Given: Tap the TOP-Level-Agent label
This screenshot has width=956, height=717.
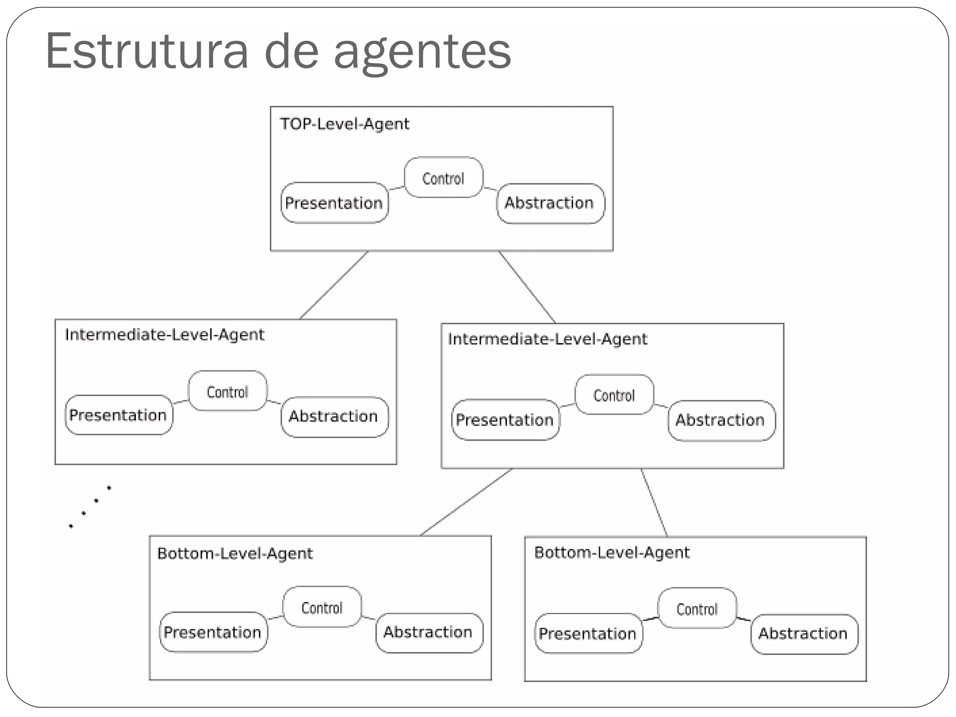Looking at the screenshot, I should [344, 124].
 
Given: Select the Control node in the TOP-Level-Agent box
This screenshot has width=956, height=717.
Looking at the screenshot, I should [443, 178].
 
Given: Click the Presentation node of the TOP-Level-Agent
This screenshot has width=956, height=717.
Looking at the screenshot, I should [334, 203].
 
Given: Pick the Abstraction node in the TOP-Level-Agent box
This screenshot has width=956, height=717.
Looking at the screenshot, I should [550, 203].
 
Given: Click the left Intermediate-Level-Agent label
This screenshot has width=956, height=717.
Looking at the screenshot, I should [164, 334].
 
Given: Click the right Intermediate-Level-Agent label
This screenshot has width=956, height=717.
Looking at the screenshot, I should [547, 339].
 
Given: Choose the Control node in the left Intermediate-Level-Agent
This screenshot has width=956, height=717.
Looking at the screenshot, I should [227, 391].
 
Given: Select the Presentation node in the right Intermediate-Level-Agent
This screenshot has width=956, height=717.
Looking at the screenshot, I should [505, 420].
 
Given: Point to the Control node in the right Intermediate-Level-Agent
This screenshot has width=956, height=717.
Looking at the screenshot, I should [614, 395].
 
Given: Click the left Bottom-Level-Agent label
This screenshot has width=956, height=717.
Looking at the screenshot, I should [235, 554].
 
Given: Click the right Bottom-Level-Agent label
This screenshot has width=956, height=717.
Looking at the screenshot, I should [612, 553].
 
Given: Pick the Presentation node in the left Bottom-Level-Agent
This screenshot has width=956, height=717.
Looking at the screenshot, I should [213, 632].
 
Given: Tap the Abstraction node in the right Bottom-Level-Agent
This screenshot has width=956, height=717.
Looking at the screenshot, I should [803, 634].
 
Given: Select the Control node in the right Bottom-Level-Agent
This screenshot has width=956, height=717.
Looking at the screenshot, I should [697, 609].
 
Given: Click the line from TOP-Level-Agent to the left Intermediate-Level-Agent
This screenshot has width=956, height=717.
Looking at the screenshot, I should [334, 285].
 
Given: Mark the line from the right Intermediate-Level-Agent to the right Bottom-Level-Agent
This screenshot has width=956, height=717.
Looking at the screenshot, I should [654, 503].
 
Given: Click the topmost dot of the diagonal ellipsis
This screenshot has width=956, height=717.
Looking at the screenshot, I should [109, 488].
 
